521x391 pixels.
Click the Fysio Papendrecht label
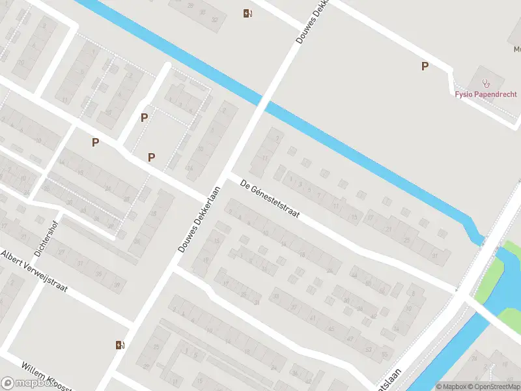pyautogui.click(x=486, y=93)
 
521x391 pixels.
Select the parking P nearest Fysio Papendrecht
pyautogui.click(x=425, y=66)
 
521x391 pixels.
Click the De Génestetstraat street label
pyautogui.click(x=269, y=199)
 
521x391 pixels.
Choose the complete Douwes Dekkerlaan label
pyautogui.click(x=199, y=220)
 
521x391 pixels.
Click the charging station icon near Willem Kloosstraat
pyautogui.click(x=119, y=345)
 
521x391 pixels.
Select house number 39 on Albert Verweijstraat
pyautogui.click(x=117, y=285)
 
